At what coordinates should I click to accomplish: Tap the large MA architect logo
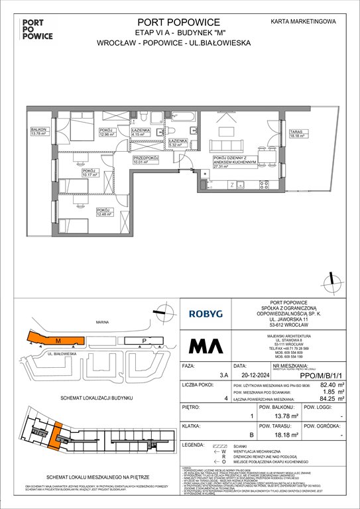point(206,345)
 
